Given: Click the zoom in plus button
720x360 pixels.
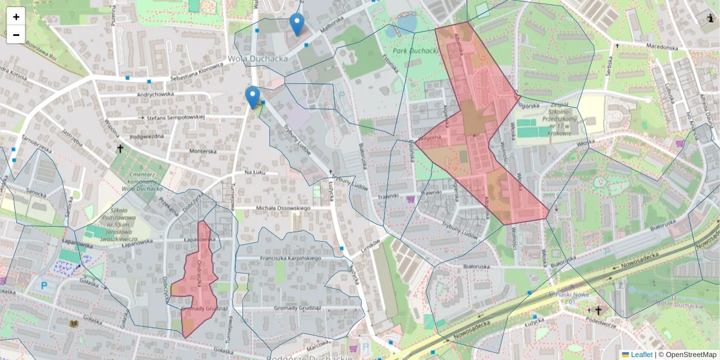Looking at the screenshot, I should click(x=16, y=17).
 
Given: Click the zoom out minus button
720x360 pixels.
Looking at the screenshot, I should click(x=16, y=35).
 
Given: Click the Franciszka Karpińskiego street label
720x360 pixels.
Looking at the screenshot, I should click(x=290, y=257).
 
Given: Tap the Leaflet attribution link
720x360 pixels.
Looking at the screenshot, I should click(x=641, y=355).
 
